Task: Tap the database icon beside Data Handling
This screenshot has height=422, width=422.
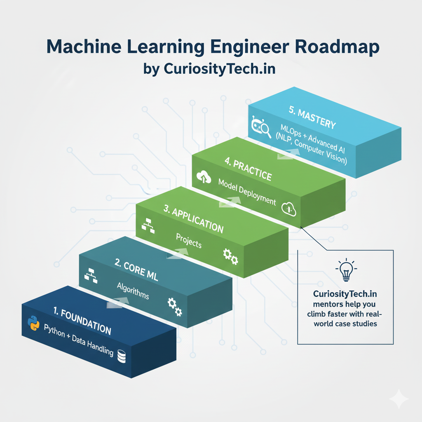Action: click(122, 356)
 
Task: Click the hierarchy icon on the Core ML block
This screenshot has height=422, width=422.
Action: click(89, 275)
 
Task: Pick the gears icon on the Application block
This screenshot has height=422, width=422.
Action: click(230, 256)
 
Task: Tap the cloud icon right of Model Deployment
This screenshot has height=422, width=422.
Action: click(289, 209)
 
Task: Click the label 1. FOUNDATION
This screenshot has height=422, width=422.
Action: click(82, 322)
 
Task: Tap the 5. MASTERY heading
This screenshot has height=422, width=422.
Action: click(312, 118)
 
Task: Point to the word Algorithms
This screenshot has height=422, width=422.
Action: click(133, 291)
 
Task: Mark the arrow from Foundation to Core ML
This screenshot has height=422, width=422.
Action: click(117, 303)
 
